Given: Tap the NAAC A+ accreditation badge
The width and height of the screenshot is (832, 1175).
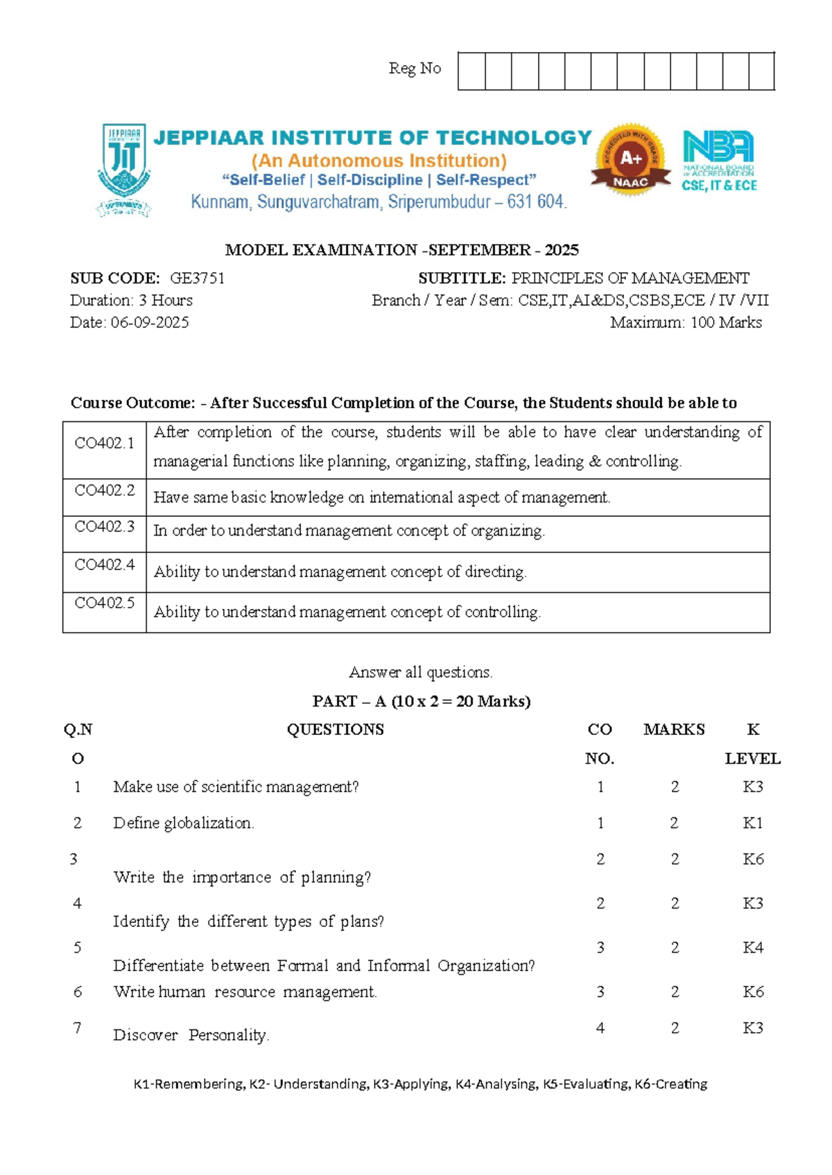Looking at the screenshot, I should [631, 161].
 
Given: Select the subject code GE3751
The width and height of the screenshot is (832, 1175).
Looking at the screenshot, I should [197, 279].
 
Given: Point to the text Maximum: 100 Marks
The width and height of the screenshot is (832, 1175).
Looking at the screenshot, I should [686, 323].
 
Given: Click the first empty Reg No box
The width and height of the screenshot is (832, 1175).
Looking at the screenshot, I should [471, 71].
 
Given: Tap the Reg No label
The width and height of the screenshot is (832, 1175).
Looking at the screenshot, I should [415, 69].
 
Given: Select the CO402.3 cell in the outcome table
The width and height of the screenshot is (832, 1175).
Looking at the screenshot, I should [104, 527].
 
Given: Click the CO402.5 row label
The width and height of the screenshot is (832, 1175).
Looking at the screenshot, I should [104, 603].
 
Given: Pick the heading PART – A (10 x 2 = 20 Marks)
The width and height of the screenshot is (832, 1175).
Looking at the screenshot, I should [422, 701].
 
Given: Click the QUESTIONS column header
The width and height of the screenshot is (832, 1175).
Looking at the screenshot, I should [335, 730].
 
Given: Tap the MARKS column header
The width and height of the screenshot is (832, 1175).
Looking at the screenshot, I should [674, 730].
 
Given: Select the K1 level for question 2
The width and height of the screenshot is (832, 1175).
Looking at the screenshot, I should [752, 823].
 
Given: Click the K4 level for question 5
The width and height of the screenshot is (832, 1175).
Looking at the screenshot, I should [752, 948].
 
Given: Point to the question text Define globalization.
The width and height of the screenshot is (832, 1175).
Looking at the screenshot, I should [183, 823].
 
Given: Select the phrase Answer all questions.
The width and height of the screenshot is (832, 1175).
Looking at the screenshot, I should [421, 672].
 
